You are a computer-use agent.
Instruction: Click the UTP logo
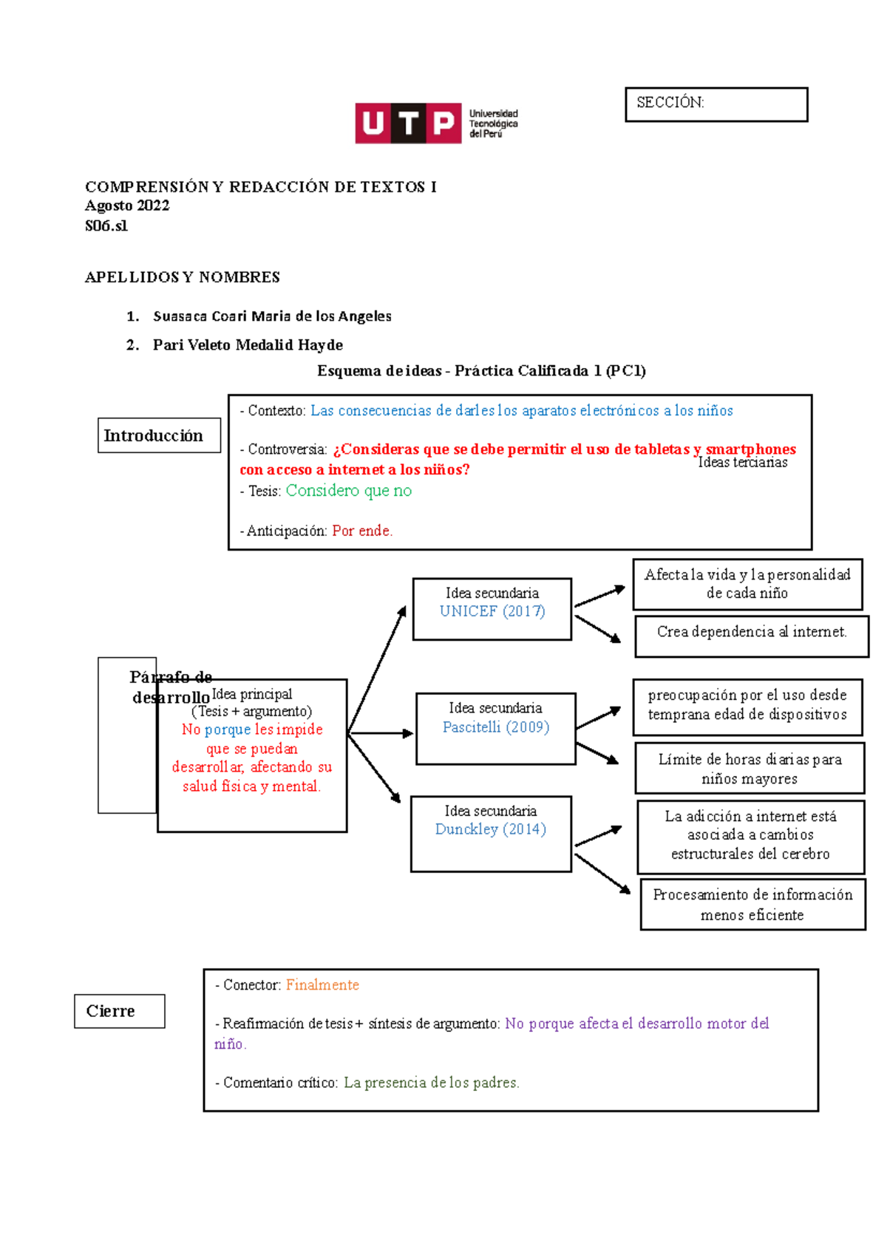(436, 123)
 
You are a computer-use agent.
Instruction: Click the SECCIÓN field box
(716, 104)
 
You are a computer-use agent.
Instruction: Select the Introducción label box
(159, 435)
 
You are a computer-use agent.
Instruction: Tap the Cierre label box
(119, 1010)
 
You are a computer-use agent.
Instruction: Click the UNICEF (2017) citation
(492, 611)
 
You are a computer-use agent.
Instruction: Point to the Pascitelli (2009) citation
(495, 727)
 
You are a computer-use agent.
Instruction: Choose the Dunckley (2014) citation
(490, 829)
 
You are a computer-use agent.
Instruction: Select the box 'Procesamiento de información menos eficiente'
(752, 905)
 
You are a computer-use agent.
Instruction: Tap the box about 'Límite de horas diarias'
(750, 769)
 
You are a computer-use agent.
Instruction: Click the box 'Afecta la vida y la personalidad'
(747, 584)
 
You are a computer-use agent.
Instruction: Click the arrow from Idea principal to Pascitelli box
(380, 733)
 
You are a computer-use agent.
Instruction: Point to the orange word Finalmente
(322, 984)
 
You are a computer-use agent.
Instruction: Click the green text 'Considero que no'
(348, 491)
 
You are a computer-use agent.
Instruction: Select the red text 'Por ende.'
(362, 531)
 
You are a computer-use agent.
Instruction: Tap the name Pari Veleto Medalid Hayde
(247, 345)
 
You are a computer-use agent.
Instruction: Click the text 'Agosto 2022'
(127, 205)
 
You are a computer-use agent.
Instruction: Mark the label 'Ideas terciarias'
(742, 463)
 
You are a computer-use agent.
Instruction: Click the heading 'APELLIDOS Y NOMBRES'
(182, 277)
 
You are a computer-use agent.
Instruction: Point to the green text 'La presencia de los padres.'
(431, 1082)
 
